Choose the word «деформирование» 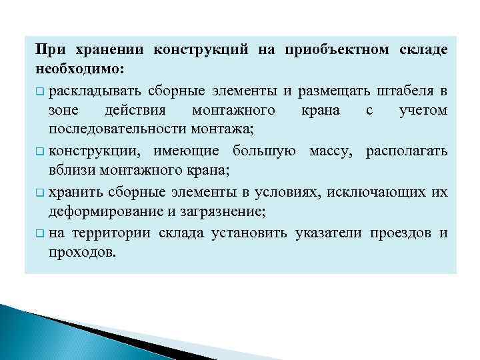pos(93,211)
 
